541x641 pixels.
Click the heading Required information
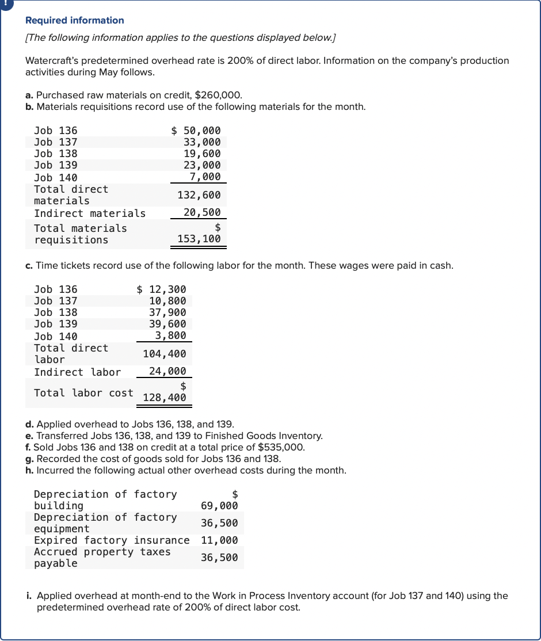click(x=75, y=20)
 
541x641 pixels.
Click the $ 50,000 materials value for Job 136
click(x=196, y=131)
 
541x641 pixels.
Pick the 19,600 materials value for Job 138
click(x=202, y=154)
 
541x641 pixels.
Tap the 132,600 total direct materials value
click(x=199, y=196)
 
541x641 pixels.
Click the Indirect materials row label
click(x=90, y=213)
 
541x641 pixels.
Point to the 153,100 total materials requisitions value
click(x=199, y=239)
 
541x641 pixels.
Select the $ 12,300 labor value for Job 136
click(x=162, y=289)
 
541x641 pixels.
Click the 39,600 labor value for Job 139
click(x=167, y=324)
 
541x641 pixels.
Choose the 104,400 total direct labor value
click(x=165, y=354)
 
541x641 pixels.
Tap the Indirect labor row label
click(x=77, y=372)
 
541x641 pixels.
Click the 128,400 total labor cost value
click(x=165, y=398)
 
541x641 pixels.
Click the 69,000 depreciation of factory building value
click(x=219, y=506)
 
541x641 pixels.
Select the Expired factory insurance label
click(x=112, y=540)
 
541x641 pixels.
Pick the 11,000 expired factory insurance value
click(x=219, y=540)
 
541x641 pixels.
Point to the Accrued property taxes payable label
click(x=102, y=558)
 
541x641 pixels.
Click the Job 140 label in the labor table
click(x=56, y=337)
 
